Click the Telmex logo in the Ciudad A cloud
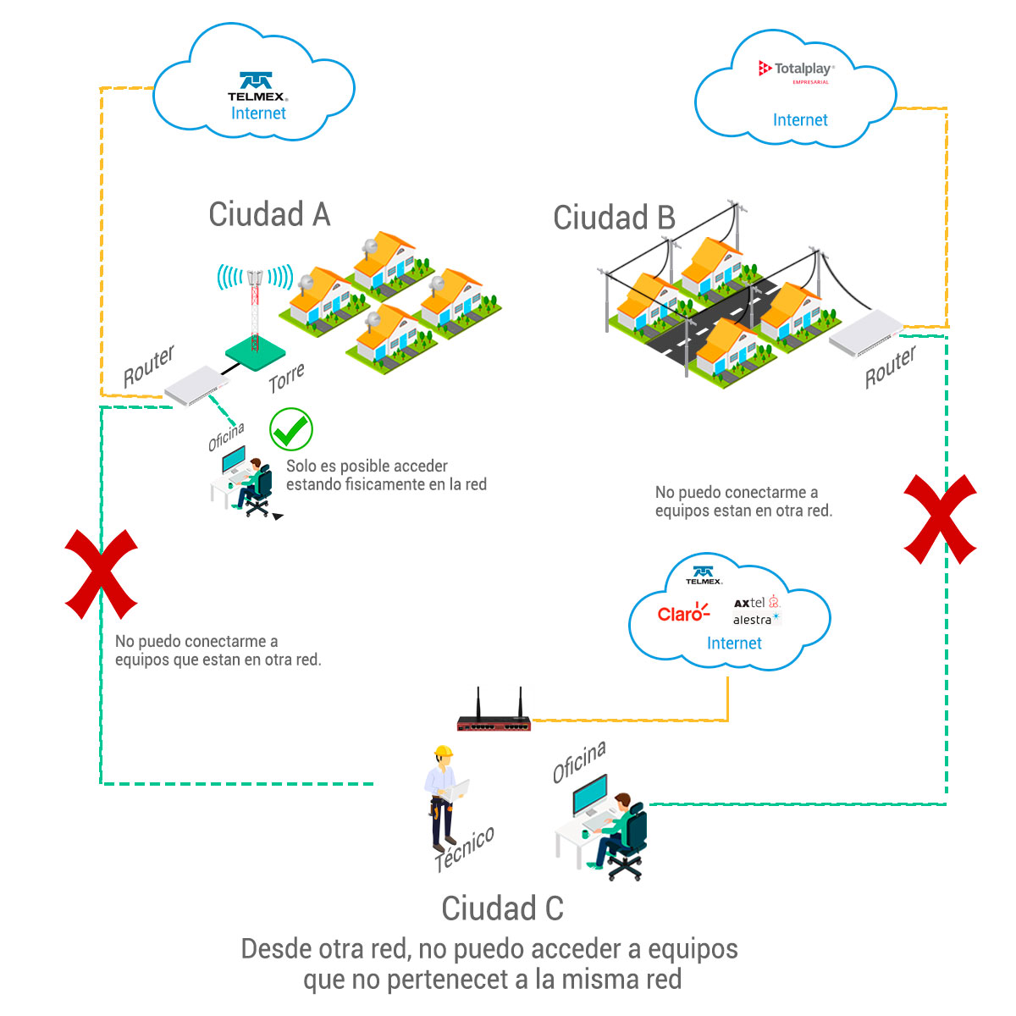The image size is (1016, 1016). tap(256, 86)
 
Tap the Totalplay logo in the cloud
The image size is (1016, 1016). tap(796, 69)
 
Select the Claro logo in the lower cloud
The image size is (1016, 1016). tap(682, 613)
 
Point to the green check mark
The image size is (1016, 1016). tap(290, 429)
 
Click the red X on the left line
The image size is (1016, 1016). tap(101, 573)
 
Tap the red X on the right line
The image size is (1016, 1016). tap(940, 518)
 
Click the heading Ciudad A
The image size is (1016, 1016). tap(269, 214)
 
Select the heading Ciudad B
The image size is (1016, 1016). tap(614, 218)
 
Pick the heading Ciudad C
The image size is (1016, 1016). tap(502, 908)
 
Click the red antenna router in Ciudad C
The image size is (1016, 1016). tap(494, 721)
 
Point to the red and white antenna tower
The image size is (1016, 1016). tap(254, 305)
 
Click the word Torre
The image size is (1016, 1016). tap(286, 378)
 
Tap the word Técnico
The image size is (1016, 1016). tap(464, 849)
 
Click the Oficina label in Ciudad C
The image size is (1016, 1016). tap(579, 762)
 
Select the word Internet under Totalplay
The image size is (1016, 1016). tap(800, 120)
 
